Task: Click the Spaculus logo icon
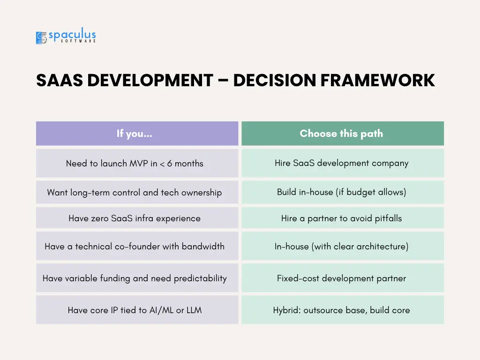41,38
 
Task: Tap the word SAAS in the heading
60,81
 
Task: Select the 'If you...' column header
137,134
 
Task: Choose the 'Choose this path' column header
343,134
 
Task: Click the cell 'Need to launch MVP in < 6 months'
137,163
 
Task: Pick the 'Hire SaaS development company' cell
343,163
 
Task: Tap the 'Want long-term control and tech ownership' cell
137,192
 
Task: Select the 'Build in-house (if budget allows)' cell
343,192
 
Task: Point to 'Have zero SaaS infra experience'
137,218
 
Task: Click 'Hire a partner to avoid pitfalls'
343,218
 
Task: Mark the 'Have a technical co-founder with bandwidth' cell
137,246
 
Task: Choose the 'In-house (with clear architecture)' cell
343,246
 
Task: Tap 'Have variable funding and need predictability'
137,278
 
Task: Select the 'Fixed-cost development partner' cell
343,278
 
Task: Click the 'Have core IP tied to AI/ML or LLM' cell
137,310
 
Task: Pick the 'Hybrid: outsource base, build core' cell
343,310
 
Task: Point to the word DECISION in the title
274,81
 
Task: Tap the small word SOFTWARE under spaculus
78,41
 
